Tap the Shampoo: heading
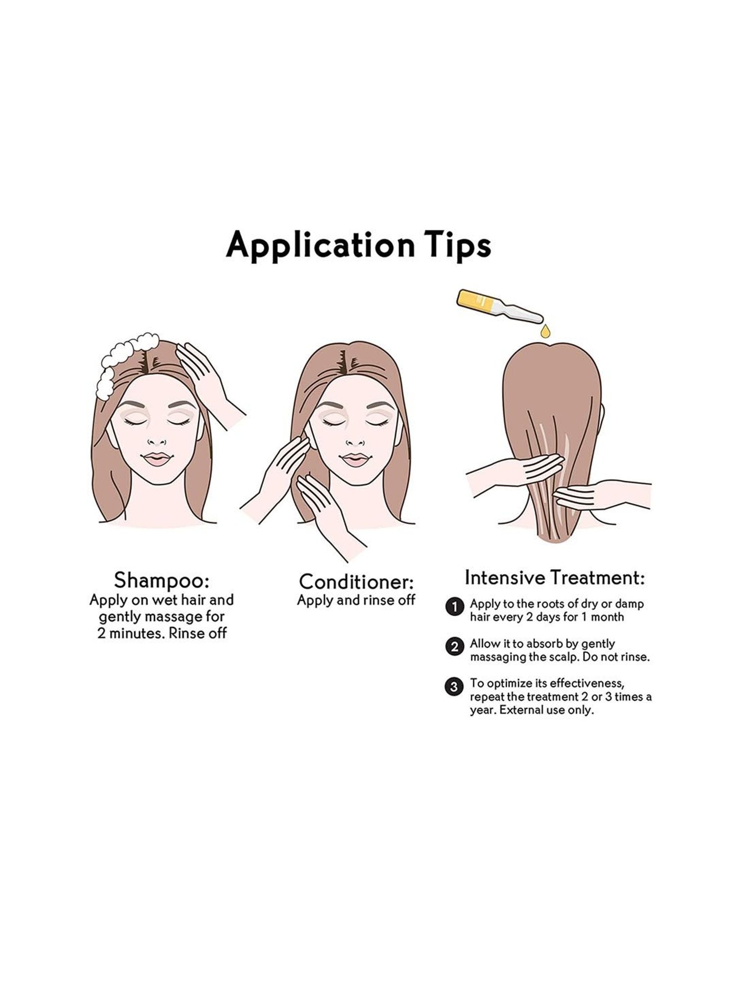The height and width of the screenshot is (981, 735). coord(161,580)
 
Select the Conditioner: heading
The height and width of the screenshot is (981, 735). coord(357,582)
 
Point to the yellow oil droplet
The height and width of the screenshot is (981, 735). coord(545,332)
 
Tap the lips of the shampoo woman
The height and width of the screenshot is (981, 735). coord(156,459)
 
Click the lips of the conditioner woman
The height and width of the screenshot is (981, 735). coord(356,460)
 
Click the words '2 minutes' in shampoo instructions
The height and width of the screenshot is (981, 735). coord(130,633)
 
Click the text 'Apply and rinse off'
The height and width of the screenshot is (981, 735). coord(356,600)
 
